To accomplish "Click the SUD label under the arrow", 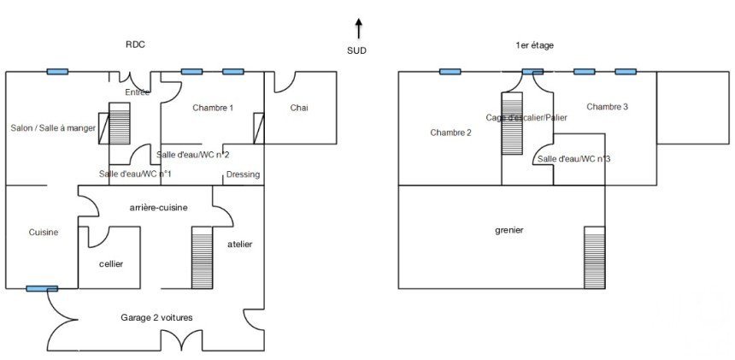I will (x=357, y=51).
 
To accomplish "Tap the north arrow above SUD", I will (x=358, y=28).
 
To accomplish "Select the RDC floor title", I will (x=135, y=45).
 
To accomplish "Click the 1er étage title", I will (x=535, y=45).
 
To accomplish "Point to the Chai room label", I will (x=298, y=108).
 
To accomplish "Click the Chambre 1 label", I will (x=213, y=108).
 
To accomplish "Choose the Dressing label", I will (x=243, y=174).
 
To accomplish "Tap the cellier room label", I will (x=111, y=263).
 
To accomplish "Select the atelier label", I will (x=240, y=245).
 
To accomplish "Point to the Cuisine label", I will (x=44, y=232).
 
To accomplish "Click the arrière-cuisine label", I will (x=158, y=208).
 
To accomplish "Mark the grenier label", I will (x=509, y=230).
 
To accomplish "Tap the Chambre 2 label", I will (x=450, y=133).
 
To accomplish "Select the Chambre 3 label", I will (x=608, y=107).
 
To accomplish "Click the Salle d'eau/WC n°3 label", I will (x=573, y=159).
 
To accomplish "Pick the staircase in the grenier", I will (x=594, y=257).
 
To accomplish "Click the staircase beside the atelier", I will (x=202, y=257).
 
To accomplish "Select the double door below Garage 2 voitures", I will (x=180, y=341).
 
